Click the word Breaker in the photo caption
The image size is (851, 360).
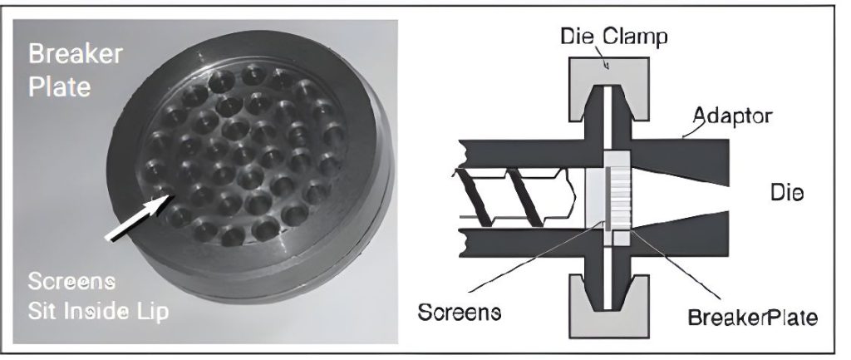[x=76, y=54]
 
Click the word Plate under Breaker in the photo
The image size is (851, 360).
[x=59, y=86]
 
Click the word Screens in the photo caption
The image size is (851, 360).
[x=71, y=282]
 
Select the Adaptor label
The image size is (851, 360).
[x=732, y=116]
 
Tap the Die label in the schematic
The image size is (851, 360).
[x=787, y=193]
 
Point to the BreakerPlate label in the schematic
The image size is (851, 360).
[x=752, y=317]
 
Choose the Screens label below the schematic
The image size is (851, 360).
[x=459, y=313]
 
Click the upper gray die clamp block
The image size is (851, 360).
[x=608, y=88]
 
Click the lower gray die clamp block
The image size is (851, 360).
[x=608, y=306]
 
